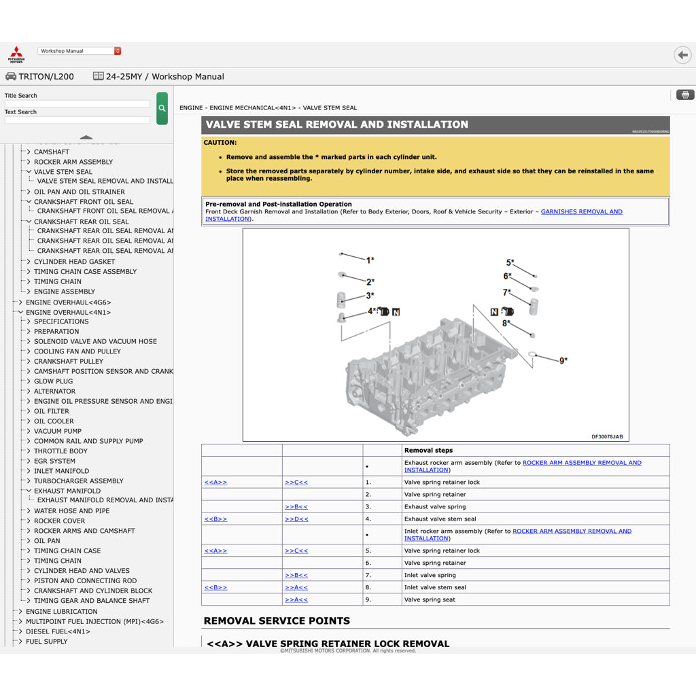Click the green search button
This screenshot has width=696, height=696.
[x=162, y=108]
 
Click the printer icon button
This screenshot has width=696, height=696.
[x=684, y=94]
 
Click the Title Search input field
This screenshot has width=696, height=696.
[x=77, y=104]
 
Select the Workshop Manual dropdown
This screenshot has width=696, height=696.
[x=80, y=51]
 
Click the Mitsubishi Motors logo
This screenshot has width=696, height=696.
[x=16, y=55]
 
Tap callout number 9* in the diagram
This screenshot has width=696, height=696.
[x=563, y=361]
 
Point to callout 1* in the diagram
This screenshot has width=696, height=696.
[x=370, y=260]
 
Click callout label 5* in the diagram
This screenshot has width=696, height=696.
[x=510, y=263]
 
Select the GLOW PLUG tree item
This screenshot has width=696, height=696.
[x=53, y=381]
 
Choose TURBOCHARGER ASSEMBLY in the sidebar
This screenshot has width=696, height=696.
[x=78, y=481]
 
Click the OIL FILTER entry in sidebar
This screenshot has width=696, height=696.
[x=52, y=411]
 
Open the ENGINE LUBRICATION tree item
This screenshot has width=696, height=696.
[x=61, y=611]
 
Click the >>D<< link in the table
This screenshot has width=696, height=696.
[x=296, y=519]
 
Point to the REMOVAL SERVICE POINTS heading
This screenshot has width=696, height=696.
[x=277, y=621]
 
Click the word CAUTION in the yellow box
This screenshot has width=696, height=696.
[x=220, y=143]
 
